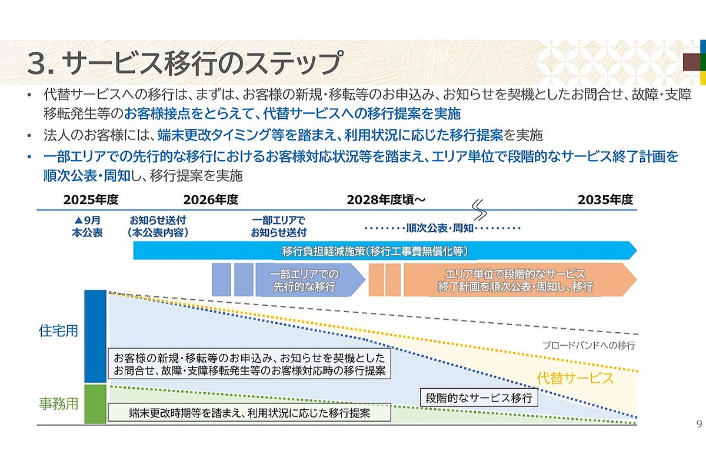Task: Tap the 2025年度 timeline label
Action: click(91, 200)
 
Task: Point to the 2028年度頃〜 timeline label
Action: click(386, 200)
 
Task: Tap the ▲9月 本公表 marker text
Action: click(88, 226)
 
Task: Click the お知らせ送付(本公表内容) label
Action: click(158, 226)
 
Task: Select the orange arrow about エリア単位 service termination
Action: click(518, 280)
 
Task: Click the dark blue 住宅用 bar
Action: click(95, 336)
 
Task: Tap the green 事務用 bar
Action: click(95, 404)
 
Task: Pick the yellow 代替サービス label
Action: click(575, 378)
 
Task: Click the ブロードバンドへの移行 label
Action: click(588, 345)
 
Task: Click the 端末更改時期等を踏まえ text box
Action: click(249, 413)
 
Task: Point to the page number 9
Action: click(699, 424)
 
